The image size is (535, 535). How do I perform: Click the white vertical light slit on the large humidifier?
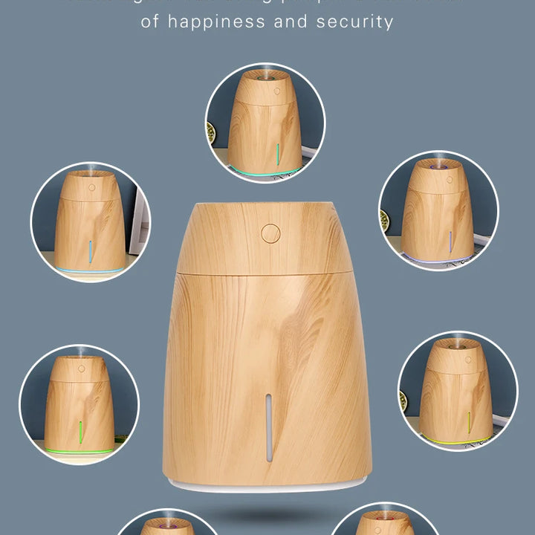[269, 427]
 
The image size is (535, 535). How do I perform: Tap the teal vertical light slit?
[277, 155]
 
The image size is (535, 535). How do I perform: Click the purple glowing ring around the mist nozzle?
[438, 168]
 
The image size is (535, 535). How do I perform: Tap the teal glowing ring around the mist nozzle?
[265, 75]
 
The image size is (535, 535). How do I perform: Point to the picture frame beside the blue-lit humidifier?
[139, 223]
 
